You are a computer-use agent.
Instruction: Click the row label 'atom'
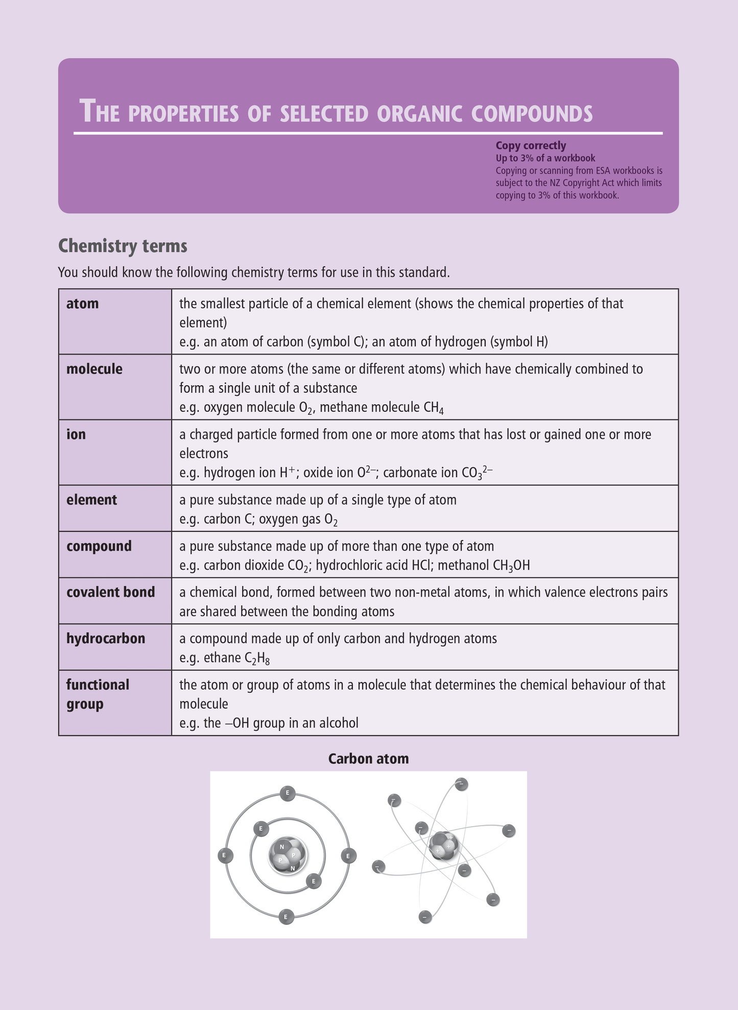[x=82, y=303]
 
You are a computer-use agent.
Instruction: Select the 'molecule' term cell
[x=94, y=369]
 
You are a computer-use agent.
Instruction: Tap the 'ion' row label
[x=76, y=434]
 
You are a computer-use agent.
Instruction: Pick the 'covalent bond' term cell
[x=110, y=592]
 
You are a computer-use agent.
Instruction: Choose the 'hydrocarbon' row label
[x=106, y=639]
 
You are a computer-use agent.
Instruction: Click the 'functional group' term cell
[x=98, y=694]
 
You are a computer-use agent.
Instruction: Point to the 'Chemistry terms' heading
[x=123, y=246]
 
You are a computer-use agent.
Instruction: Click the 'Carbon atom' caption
[x=368, y=759]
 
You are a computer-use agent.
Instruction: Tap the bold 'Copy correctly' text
[x=531, y=146]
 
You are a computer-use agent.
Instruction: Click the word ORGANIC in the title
[x=419, y=113]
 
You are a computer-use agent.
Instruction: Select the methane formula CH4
[x=434, y=408]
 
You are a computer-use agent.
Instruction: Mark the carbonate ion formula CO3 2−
[x=477, y=473]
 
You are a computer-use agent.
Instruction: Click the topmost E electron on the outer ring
[x=288, y=793]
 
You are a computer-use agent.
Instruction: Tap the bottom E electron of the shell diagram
[x=286, y=917]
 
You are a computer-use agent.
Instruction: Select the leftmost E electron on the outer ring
[x=225, y=856]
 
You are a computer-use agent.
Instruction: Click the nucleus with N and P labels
[x=288, y=856]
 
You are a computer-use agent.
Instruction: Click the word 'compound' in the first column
[x=99, y=546]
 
